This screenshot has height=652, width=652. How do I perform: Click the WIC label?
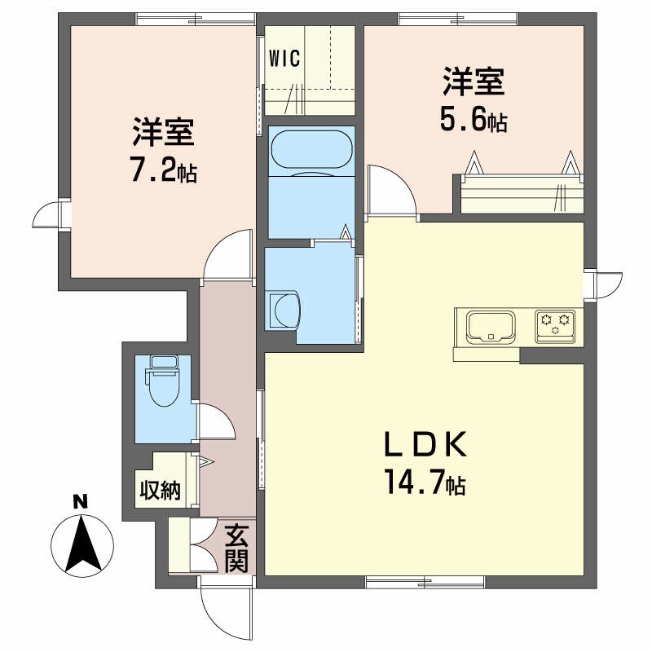(x=285, y=58)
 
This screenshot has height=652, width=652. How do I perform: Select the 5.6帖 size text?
(x=474, y=121)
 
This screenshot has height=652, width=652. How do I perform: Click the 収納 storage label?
(x=159, y=491)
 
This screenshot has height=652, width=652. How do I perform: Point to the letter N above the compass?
(x=80, y=502)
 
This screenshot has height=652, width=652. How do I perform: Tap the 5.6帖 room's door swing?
(x=391, y=189)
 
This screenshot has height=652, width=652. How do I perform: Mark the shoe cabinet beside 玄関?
(x=178, y=545)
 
